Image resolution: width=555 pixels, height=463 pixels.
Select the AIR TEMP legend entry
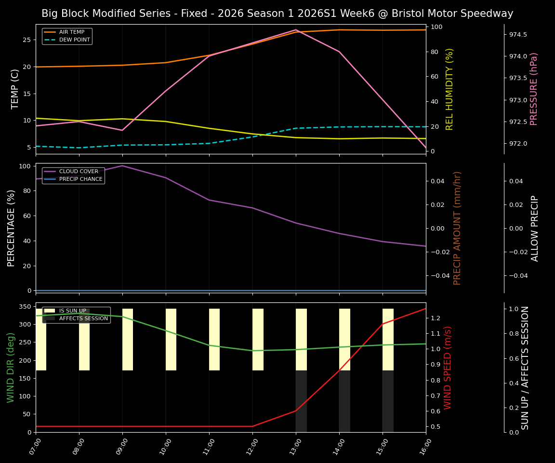pos(72,32)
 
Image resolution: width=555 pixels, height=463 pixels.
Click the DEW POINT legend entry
pos(75,40)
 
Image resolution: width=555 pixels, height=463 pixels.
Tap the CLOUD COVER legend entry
pos(79,171)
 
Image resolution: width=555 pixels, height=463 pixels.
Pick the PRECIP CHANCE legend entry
pos(80,179)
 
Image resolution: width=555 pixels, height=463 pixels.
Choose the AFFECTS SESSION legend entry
pos(83,318)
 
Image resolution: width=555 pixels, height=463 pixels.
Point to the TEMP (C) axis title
pos(15,89)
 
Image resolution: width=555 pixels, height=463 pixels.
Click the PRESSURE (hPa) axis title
pos(534,89)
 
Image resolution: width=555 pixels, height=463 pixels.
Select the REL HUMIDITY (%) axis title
pos(449,89)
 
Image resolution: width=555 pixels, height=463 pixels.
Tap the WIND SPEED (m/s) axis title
pos(448,367)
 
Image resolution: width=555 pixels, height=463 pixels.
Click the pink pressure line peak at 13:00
pos(296,30)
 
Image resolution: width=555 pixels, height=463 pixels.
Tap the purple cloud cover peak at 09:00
pos(122,166)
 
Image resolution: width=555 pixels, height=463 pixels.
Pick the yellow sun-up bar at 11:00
pos(214,340)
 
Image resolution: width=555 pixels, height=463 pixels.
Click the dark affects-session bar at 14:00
pos(344,401)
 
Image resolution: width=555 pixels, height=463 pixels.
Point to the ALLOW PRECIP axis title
pos(535,228)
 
